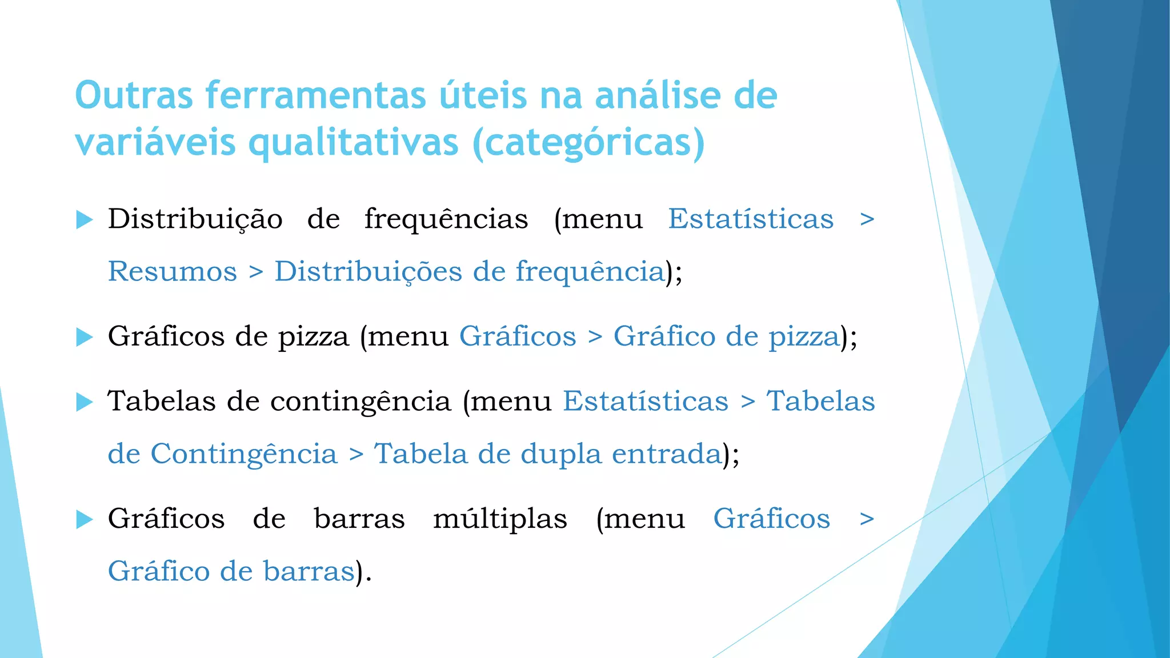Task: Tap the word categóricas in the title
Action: click(588, 143)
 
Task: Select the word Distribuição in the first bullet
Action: click(195, 219)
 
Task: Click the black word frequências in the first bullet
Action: click(446, 219)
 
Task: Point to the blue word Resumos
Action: click(173, 271)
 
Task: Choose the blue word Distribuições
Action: click(368, 271)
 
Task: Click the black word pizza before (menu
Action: click(313, 337)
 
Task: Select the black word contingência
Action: click(360, 401)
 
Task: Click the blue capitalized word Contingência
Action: click(244, 454)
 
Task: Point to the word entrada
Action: click(667, 454)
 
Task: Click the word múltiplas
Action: click(500, 519)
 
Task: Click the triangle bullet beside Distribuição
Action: click(84, 219)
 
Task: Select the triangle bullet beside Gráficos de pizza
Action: click(84, 337)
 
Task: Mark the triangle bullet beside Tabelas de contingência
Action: click(84, 402)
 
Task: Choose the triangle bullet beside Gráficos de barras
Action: click(84, 519)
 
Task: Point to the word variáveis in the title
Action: click(155, 143)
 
